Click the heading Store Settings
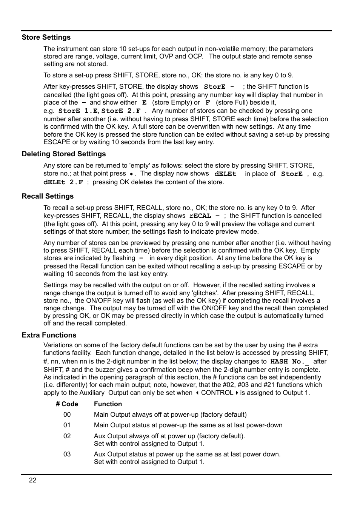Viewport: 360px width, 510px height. point(46,37)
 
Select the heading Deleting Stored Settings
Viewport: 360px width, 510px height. point(63,154)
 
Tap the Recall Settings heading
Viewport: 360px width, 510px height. point(48,196)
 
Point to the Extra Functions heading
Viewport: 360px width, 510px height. point(49,335)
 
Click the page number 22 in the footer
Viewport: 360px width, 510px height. point(33,480)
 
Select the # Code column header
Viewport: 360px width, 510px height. point(67,404)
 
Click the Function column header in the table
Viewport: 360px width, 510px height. point(108,404)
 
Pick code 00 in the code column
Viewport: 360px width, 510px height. point(67,414)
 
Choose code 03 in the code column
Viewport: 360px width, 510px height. point(67,454)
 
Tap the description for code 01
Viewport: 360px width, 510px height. point(188,425)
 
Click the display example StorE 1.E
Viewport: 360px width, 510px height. point(78,111)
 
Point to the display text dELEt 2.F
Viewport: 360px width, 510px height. point(63,182)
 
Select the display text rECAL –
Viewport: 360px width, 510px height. point(204,216)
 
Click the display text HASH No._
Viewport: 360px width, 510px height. point(289,362)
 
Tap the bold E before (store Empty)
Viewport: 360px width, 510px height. point(144,103)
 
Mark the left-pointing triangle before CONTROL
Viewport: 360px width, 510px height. point(197,393)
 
